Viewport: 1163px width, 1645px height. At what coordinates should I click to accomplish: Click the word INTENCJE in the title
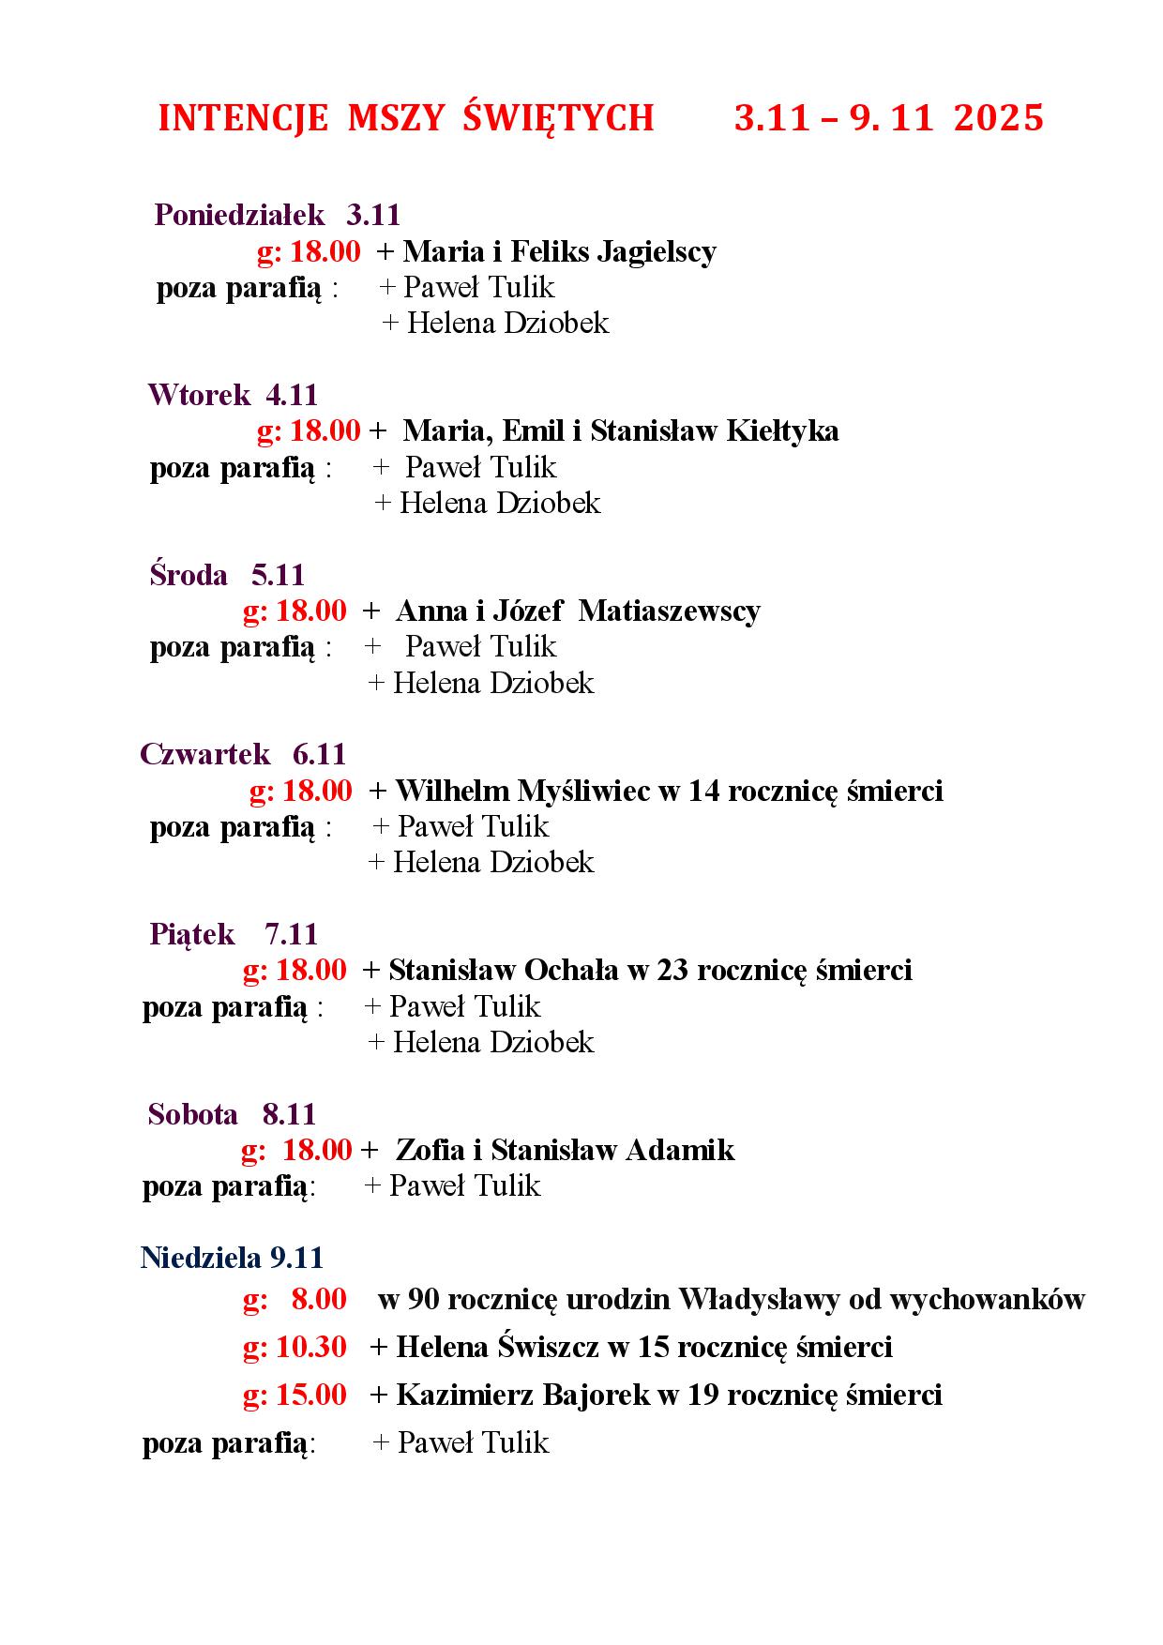243,118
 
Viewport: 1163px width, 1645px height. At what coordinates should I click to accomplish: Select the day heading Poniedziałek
239,215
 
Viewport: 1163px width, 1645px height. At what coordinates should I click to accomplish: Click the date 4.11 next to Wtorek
292,395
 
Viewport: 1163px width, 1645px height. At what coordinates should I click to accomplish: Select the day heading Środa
189,574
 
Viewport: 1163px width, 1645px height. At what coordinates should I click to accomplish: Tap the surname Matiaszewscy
669,611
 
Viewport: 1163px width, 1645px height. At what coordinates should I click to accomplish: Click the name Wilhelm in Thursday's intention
448,791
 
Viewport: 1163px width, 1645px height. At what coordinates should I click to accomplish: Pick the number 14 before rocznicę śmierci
703,791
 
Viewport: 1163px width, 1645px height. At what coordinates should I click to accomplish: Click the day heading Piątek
192,934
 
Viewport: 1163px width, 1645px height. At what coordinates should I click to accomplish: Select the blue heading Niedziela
202,1257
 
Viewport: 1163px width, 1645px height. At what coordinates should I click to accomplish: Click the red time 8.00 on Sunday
319,1299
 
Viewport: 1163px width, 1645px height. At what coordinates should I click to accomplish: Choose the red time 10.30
311,1347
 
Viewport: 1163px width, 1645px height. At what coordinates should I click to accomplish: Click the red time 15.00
311,1395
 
